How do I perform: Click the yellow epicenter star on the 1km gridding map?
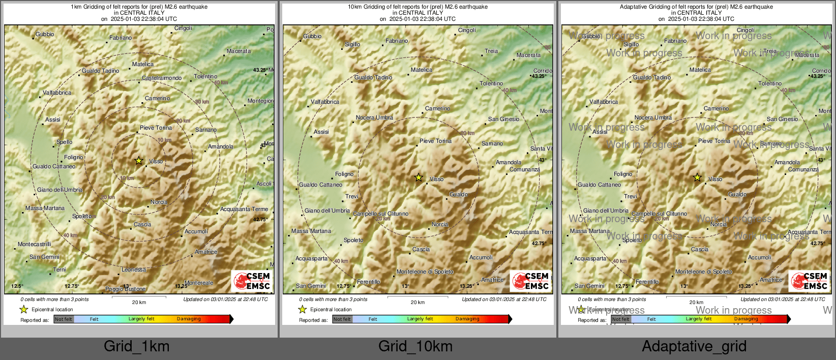pyautogui.click(x=139, y=161)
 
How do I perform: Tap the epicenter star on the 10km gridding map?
pyautogui.click(x=419, y=177)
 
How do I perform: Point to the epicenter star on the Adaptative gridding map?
pyautogui.click(x=697, y=177)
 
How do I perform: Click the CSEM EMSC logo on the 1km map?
pyautogui.click(x=252, y=281)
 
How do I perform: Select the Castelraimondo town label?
pyautogui.click(x=162, y=78)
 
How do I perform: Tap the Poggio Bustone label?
pyautogui.click(x=126, y=289)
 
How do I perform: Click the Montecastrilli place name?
pyautogui.click(x=35, y=245)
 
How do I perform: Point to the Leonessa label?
pyautogui.click(x=134, y=270)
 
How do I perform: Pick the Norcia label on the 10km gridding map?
pyautogui.click(x=440, y=224)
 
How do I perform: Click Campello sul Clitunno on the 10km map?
pyautogui.click(x=381, y=214)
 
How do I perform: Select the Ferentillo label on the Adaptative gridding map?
pyautogui.click(x=647, y=282)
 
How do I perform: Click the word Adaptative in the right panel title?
pyautogui.click(x=635, y=7)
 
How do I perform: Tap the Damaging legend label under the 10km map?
pyautogui.click(x=467, y=319)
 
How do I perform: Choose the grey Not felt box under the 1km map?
pyautogui.click(x=64, y=319)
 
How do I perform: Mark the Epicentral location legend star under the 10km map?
pyautogui.click(x=303, y=309)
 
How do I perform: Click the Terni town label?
pyautogui.click(x=59, y=270)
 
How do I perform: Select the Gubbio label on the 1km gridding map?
pyautogui.click(x=45, y=35)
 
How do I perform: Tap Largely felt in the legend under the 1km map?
pyautogui.click(x=141, y=319)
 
